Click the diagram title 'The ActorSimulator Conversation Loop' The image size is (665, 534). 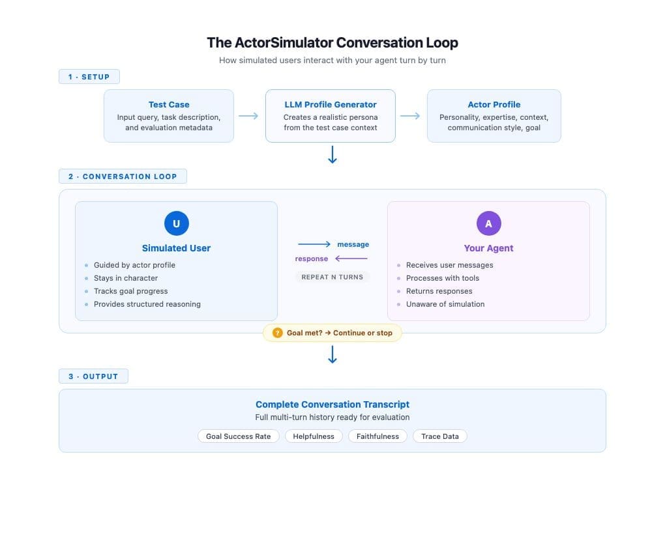pyautogui.click(x=332, y=43)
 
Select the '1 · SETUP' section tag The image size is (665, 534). pyautogui.click(x=89, y=77)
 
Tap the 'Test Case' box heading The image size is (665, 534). pyautogui.click(x=169, y=104)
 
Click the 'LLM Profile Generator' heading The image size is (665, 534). pyautogui.click(x=331, y=104)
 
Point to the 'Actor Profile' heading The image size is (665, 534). pyautogui.click(x=494, y=104)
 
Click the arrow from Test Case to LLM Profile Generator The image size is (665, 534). pyautogui.click(x=248, y=116)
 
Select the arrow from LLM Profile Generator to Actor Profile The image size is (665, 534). pyautogui.click(x=410, y=116)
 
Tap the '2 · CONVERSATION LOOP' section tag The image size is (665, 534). pyautogui.click(x=123, y=176)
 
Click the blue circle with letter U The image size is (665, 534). pyautogui.click(x=176, y=223)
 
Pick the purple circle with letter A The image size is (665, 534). pyautogui.click(x=488, y=223)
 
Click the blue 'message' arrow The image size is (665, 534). pyautogui.click(x=314, y=244)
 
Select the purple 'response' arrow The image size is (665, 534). pyautogui.click(x=351, y=259)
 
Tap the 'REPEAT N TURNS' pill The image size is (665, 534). pyautogui.click(x=332, y=277)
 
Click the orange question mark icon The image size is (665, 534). pyautogui.click(x=277, y=333)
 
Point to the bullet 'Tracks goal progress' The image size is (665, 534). pyautogui.click(x=130, y=291)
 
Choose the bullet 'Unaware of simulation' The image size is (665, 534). pyautogui.click(x=445, y=304)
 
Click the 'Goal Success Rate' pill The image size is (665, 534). pyautogui.click(x=238, y=436)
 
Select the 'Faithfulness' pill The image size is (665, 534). pyautogui.click(x=377, y=436)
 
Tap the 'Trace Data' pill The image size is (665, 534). pyautogui.click(x=439, y=436)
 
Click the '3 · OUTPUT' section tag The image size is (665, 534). pyautogui.click(x=93, y=376)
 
